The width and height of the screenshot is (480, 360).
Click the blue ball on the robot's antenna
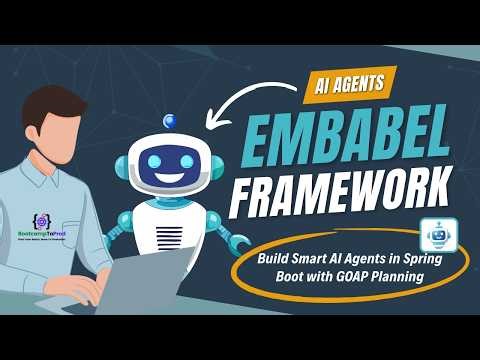coord(169,121)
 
